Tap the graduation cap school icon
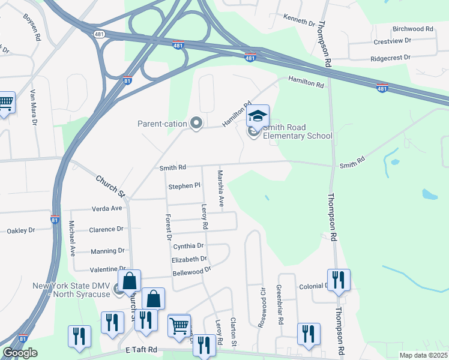258,116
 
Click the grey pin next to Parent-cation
196,124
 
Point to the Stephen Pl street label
184,186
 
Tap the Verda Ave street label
106,208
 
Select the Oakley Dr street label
21,230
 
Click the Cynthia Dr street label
188,246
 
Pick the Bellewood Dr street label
191,270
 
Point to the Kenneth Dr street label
299,21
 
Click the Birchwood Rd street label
412,29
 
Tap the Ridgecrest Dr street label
390,58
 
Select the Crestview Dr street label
392,41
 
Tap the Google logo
20,353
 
